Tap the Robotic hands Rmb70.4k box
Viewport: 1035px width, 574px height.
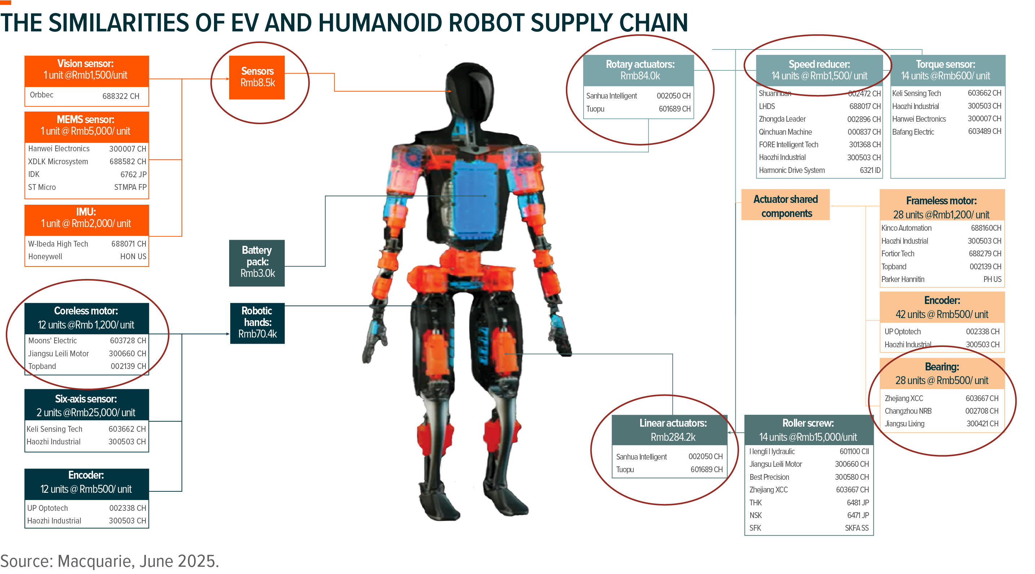click(x=257, y=323)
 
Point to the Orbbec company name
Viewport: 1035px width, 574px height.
click(x=42, y=95)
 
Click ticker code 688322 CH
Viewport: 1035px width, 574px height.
click(x=121, y=96)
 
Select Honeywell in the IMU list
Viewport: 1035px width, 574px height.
click(x=45, y=256)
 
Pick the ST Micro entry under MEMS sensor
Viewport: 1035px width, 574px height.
click(x=42, y=187)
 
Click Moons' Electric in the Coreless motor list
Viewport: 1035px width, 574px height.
click(x=52, y=340)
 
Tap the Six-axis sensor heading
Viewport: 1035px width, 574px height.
click(x=86, y=399)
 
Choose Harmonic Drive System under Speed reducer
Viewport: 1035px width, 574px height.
click(x=791, y=170)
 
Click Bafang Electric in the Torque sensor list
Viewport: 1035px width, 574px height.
click(x=913, y=132)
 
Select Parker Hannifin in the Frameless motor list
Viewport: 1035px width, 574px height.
click(x=903, y=279)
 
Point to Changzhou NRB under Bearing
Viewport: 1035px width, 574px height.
click(x=908, y=411)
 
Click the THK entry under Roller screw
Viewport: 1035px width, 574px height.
click(x=755, y=503)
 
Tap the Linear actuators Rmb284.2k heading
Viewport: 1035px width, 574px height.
click(x=673, y=430)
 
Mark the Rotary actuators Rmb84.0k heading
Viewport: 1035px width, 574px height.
click(x=639, y=70)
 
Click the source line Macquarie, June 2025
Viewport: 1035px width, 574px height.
click(x=109, y=561)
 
